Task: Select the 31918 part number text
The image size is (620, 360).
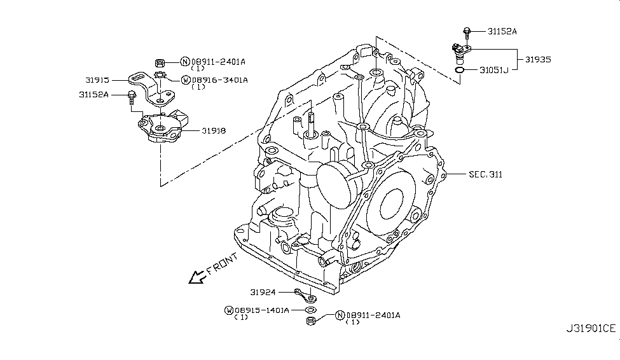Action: (214, 131)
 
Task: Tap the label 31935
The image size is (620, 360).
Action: (537, 59)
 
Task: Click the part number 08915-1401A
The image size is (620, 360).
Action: (261, 310)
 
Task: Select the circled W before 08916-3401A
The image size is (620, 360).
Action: (185, 80)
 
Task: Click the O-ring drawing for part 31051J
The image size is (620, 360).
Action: (460, 69)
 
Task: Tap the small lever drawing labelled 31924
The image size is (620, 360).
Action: (305, 294)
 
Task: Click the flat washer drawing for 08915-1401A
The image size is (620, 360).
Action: (310, 309)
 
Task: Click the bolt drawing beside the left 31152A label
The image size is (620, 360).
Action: (132, 97)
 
